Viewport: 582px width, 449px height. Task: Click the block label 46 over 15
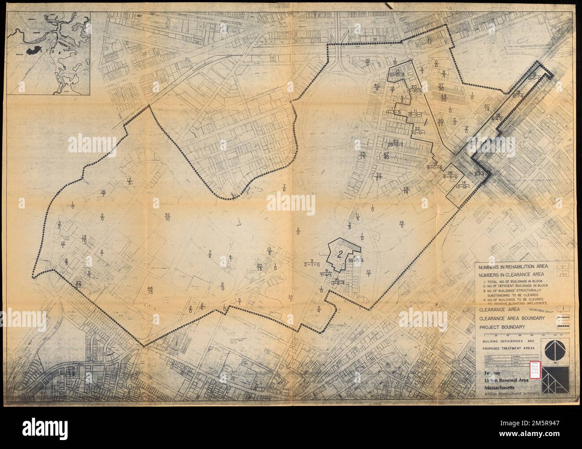(x=150, y=290)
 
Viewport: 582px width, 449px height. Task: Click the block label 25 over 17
(x=363, y=156)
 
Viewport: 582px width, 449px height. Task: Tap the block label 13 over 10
(x=84, y=238)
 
